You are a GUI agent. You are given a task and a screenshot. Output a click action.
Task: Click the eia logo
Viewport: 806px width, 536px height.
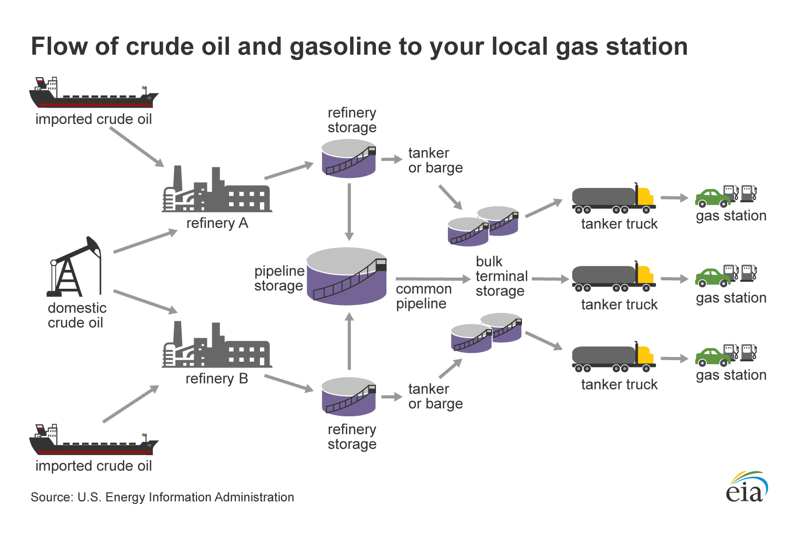[746, 487]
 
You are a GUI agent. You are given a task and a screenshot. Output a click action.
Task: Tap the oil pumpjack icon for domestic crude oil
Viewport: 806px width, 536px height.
[74, 268]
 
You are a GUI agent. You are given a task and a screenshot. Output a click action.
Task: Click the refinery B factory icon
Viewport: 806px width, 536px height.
[216, 346]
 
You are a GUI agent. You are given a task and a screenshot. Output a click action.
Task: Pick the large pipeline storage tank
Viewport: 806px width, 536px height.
[347, 277]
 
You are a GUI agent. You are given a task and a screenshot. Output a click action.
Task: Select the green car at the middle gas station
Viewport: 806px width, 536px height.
[713, 277]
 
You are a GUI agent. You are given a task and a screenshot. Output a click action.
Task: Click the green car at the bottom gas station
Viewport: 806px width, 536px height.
[713, 357]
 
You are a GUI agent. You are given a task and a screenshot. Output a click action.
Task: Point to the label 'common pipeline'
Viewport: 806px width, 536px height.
[423, 296]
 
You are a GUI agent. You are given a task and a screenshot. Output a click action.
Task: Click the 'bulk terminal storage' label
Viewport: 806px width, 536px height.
[501, 276]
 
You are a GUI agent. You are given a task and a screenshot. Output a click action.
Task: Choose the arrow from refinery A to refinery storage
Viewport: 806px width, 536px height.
[289, 171]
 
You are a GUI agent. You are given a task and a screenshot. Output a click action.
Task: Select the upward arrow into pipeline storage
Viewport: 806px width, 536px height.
[349, 341]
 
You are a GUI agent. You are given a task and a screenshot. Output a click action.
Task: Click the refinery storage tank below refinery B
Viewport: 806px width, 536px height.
[349, 397]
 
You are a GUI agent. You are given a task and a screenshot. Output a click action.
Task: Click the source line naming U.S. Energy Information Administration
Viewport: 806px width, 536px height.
[162, 497]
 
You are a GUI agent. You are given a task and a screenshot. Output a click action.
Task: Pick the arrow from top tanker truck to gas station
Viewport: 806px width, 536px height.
[674, 198]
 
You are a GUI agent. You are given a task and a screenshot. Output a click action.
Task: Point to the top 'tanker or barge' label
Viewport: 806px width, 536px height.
[435, 160]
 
